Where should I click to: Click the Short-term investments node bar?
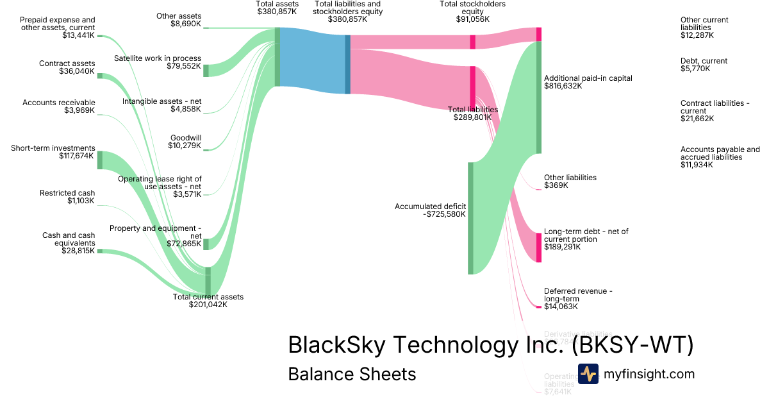click(99, 160)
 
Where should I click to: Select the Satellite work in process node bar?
click(206, 71)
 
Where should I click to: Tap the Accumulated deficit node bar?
click(470, 218)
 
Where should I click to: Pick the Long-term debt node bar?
click(539, 247)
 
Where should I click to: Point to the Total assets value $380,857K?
click(277, 12)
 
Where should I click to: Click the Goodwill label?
click(185, 138)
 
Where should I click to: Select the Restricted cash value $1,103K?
click(80, 201)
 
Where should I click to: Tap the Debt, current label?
click(704, 61)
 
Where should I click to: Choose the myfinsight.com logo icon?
click(588, 374)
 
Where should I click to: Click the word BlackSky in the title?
click(336, 345)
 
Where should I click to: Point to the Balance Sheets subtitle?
click(352, 374)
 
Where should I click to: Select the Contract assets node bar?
click(99, 76)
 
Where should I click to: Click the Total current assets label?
click(208, 297)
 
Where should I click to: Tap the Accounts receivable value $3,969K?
click(80, 110)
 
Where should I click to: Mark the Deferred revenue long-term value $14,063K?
click(561, 307)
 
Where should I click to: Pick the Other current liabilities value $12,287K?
click(695, 36)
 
